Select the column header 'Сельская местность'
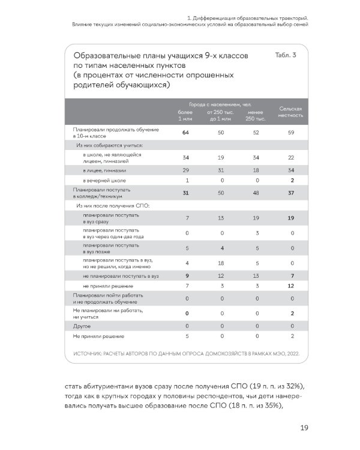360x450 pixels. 290,112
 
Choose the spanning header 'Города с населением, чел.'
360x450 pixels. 220,104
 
